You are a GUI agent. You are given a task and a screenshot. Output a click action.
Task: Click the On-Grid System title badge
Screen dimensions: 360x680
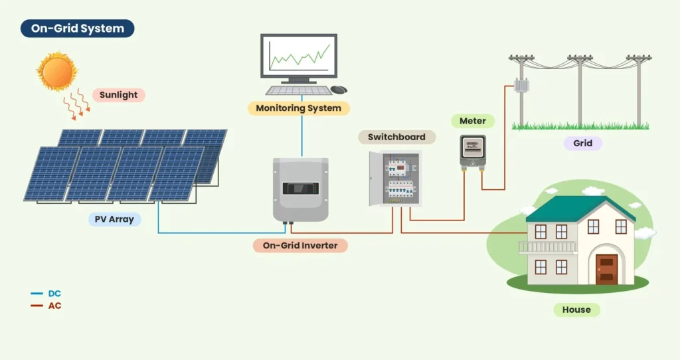[x=78, y=29]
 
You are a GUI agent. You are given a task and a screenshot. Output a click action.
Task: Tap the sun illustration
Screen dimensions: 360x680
[x=56, y=70]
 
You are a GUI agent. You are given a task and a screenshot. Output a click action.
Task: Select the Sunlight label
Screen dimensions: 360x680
[x=118, y=95]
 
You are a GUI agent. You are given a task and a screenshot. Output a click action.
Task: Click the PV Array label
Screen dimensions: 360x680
[x=114, y=219]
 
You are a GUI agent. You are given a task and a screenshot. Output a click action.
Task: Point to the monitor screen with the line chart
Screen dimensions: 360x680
[x=298, y=57]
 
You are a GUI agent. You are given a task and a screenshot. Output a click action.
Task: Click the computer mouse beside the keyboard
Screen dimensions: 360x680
[x=339, y=90]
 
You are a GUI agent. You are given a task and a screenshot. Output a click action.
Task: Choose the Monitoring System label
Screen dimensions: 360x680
[x=298, y=108]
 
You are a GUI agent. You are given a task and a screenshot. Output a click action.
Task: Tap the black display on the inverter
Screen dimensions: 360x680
[x=300, y=188]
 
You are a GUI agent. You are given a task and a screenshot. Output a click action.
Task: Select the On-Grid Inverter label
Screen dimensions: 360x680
[x=300, y=246]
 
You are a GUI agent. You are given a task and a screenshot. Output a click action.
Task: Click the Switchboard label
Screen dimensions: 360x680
[x=396, y=137]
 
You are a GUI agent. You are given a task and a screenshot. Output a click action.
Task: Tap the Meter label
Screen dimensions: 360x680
[x=473, y=121]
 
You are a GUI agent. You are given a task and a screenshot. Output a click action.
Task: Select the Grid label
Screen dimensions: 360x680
[x=582, y=143]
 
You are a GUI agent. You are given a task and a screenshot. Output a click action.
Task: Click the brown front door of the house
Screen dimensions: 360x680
[x=606, y=268]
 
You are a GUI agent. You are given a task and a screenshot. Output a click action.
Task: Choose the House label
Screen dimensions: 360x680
[x=576, y=310]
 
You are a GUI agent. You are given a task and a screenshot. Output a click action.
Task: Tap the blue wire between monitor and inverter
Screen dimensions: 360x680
[x=301, y=136]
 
